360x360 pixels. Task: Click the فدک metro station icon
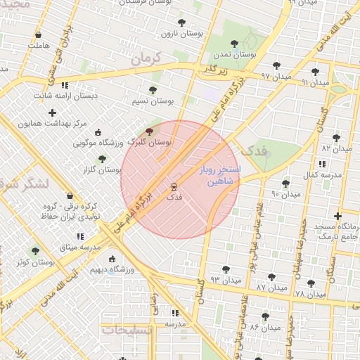coord(174,187)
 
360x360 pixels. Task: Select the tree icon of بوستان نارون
coord(181,22)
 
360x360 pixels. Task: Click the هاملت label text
coord(40,46)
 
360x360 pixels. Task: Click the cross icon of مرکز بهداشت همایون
coord(51,112)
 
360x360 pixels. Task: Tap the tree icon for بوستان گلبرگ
coord(148,131)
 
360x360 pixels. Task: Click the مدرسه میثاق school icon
coord(79,237)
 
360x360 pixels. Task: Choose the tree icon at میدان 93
coord(226,269)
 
